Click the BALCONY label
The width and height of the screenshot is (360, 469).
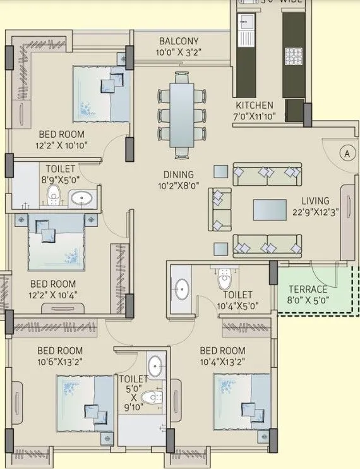(178, 41)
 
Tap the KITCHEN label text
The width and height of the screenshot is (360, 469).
(255, 105)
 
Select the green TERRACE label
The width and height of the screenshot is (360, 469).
(309, 289)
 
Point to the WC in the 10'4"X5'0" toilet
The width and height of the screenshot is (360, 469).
(224, 278)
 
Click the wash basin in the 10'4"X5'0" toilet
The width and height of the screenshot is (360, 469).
(181, 289)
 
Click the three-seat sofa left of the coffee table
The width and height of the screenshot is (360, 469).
(220, 209)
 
